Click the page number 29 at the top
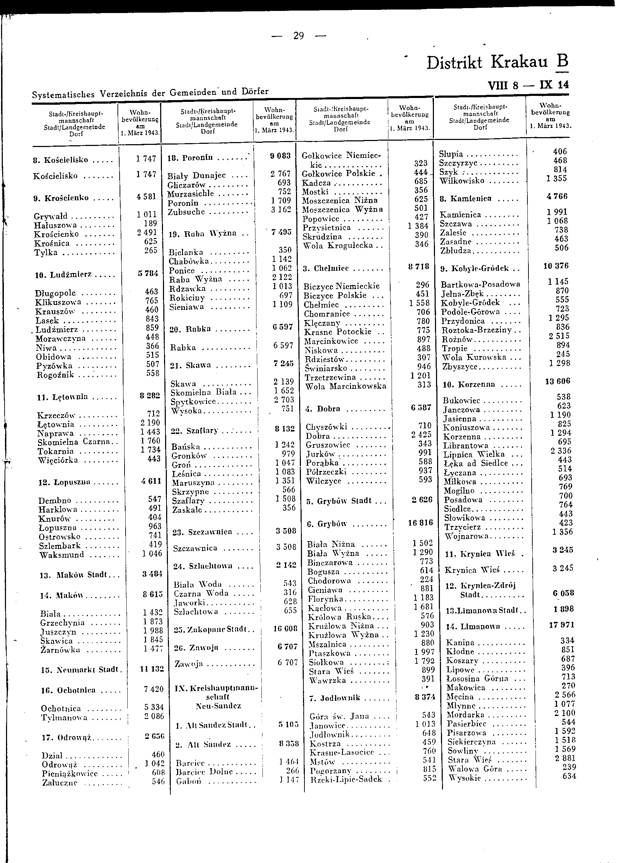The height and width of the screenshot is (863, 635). tap(298, 36)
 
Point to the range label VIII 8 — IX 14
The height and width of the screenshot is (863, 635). tap(528, 85)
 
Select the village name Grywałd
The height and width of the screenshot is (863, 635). tap(50, 216)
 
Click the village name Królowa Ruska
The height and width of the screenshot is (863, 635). tap(339, 617)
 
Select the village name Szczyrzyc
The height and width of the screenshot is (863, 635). tap(458, 163)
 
